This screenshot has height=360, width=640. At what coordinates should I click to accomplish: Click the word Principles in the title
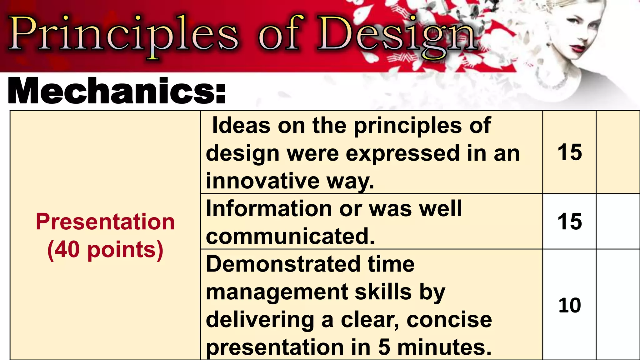pos(123,34)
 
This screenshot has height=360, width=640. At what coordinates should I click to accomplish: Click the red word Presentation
pos(105,222)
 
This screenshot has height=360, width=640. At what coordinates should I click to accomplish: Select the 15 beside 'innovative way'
pos(569,152)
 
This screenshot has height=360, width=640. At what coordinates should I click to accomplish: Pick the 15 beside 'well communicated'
pos(569,222)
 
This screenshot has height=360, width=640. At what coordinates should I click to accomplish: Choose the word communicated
pos(290,236)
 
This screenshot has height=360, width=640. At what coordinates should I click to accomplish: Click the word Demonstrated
pos(283,264)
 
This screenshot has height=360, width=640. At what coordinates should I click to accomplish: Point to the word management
pos(277,292)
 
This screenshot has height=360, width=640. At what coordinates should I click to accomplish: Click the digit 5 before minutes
pos(384,347)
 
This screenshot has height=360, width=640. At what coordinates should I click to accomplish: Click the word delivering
pos(260,320)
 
